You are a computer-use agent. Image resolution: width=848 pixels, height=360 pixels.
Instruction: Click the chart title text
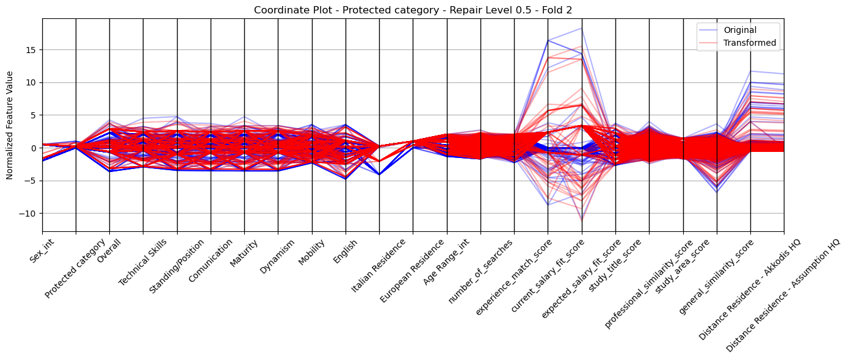[413, 10]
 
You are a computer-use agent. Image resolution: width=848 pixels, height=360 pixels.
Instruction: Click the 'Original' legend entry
[740, 30]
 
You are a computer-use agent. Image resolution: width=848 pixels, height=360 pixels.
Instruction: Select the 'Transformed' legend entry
[750, 43]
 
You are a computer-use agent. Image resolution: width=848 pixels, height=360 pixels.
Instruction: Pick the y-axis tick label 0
[35, 148]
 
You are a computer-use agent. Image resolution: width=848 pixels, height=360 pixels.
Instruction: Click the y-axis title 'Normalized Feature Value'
[10, 125]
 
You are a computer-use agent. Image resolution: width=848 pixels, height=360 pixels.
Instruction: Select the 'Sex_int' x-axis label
[42, 250]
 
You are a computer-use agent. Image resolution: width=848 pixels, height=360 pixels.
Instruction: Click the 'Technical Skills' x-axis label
[142, 262]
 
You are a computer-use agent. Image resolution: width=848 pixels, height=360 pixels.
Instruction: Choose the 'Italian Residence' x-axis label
[378, 266]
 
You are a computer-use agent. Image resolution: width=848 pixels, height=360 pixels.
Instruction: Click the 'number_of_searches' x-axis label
[480, 272]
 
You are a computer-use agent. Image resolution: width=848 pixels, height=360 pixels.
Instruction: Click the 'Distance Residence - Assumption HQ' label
[782, 296]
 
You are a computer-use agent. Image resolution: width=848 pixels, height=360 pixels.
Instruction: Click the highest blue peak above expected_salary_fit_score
[581, 29]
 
